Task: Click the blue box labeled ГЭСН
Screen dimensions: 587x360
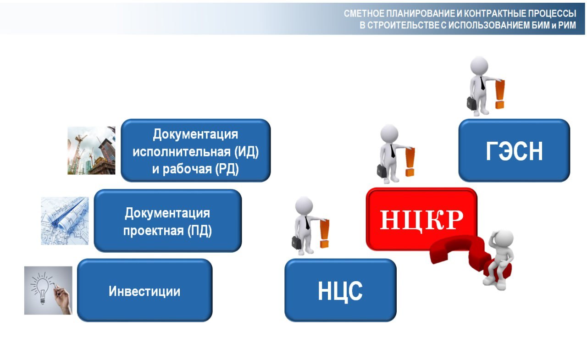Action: pos(514,150)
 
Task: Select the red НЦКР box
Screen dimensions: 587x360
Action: pos(421,219)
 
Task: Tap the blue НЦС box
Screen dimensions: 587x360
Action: pos(340,290)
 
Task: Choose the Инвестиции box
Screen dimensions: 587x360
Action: pos(144,290)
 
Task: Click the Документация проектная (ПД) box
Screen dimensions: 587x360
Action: pos(168,221)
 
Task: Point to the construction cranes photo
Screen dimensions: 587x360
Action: pos(91,150)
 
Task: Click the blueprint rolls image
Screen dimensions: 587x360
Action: pos(65,221)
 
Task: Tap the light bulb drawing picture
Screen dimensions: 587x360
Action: pos(48,290)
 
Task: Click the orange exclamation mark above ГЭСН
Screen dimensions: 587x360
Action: pos(500,94)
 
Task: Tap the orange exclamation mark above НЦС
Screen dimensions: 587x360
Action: pos(324,233)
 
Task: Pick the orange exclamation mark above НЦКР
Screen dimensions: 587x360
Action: pos(410,162)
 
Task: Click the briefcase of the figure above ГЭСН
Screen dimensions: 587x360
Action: pos(472,103)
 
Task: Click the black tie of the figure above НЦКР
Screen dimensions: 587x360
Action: pos(392,151)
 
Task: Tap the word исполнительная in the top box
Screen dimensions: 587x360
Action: pos(182,152)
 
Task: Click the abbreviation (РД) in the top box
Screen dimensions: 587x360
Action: pos(227,169)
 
